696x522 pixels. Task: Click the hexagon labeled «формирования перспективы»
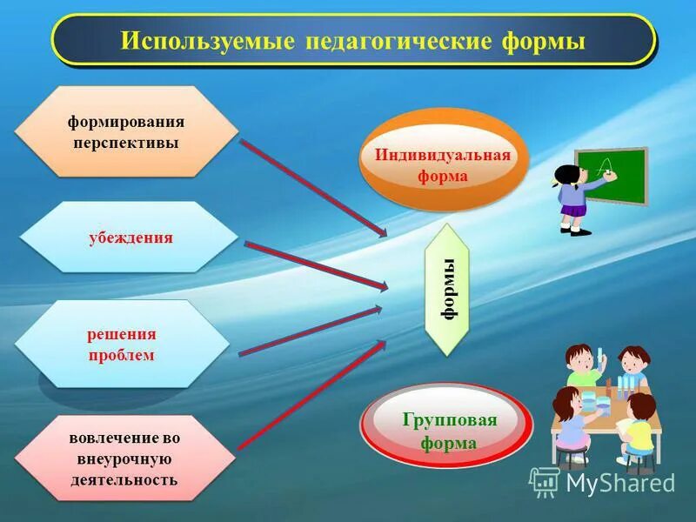coord(127,130)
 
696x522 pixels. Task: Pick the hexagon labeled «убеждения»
coord(129,238)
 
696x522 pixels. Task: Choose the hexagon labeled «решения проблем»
coord(121,344)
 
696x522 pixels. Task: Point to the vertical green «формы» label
coord(447,289)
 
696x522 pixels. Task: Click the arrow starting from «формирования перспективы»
coord(313,187)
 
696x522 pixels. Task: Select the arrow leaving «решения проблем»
coord(309,331)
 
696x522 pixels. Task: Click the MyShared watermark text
coord(619,483)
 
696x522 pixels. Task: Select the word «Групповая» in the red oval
coord(449,420)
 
